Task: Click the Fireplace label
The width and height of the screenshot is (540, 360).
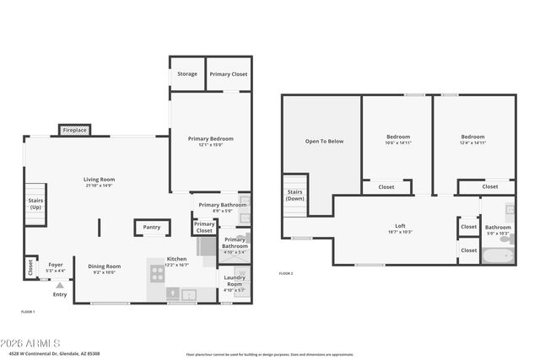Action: point(75,131)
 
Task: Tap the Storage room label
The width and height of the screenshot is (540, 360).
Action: point(187,74)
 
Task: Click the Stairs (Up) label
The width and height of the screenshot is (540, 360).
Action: point(35,204)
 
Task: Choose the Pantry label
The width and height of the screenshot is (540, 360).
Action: point(151,227)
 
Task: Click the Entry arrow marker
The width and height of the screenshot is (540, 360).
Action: point(59,286)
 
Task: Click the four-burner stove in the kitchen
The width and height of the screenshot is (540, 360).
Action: point(157,272)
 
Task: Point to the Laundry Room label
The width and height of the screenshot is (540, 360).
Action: point(235,282)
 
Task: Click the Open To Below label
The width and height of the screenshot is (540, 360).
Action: point(324,141)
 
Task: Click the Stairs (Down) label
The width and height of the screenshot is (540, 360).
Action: point(294,196)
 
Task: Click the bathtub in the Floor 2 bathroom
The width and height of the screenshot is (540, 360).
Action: point(498,255)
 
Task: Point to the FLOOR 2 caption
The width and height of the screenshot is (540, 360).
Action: point(287,274)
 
